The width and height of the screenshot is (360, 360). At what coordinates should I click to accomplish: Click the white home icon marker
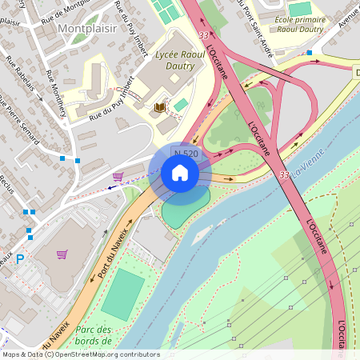(x=180, y=173)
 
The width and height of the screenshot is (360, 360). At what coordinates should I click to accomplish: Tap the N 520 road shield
(x=186, y=153)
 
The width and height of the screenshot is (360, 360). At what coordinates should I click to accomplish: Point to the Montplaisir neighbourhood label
(x=87, y=29)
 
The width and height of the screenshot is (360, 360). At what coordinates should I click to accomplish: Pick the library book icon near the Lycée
(x=160, y=106)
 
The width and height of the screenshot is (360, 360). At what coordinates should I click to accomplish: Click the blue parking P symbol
(x=20, y=259)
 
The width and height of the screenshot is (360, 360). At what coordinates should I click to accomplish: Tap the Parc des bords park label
(x=94, y=335)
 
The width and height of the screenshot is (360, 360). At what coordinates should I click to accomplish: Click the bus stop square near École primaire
(x=310, y=53)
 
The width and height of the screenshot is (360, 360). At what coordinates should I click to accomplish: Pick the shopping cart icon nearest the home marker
(x=118, y=176)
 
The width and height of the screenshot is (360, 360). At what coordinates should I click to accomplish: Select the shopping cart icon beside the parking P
(x=62, y=254)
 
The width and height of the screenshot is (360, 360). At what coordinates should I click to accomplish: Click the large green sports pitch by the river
(x=122, y=294)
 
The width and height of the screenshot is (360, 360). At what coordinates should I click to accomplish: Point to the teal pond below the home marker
(x=184, y=210)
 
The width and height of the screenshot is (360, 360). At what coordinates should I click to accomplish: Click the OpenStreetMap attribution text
(x=80, y=354)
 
